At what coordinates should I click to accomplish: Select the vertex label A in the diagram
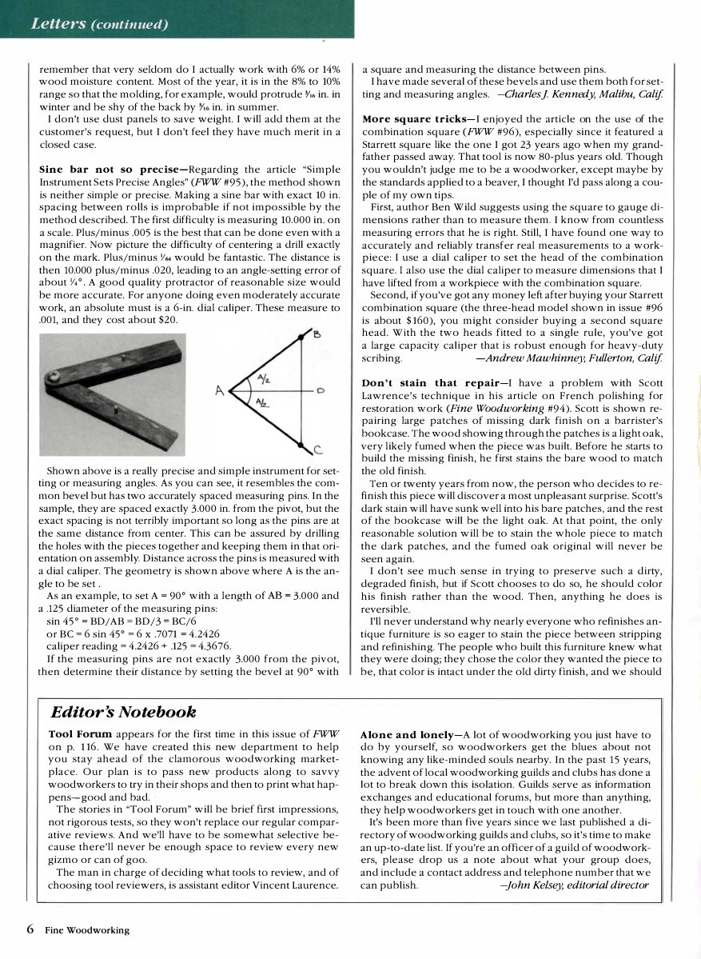click(217, 391)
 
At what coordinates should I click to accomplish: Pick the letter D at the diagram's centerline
click(320, 392)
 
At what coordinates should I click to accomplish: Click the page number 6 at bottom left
click(30, 929)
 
